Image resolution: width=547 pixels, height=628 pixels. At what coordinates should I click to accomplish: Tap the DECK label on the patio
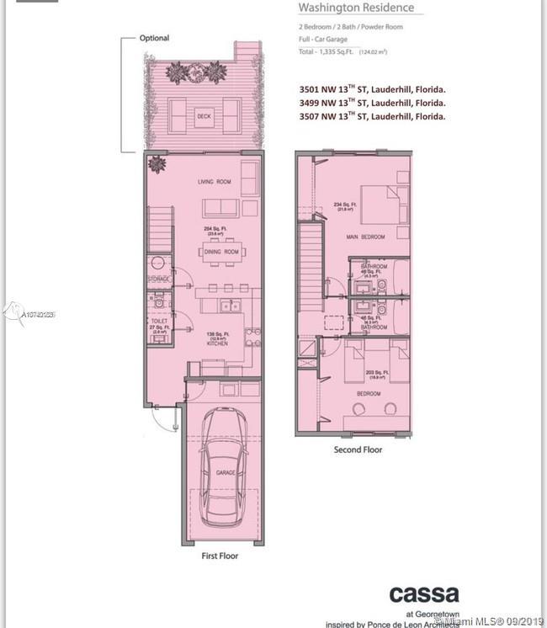coord(204,117)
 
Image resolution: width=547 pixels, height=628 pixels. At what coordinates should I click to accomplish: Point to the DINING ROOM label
coord(220,252)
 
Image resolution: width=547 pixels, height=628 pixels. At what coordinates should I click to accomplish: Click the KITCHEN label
coord(217,343)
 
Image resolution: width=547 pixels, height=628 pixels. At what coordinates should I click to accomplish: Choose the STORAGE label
coord(159,279)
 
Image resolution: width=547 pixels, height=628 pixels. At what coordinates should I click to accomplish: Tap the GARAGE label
coord(226,473)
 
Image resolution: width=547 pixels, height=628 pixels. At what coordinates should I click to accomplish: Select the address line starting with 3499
coord(372,102)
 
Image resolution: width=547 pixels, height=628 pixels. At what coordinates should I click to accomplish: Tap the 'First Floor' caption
coord(220,556)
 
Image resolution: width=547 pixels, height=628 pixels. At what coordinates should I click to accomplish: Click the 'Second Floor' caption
coord(358,450)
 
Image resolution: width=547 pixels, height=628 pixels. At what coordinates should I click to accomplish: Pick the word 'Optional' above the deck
coord(154,38)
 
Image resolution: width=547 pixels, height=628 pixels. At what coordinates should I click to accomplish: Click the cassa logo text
coord(423,594)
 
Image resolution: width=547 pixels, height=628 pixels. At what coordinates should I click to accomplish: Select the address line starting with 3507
coord(372,117)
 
